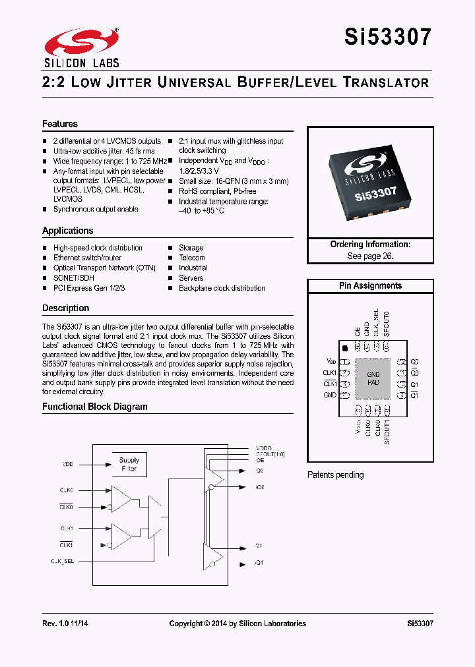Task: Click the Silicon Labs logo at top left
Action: (80, 47)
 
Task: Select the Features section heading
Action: (60, 124)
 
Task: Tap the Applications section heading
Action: (68, 231)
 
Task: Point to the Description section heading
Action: (65, 308)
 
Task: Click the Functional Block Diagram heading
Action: (95, 407)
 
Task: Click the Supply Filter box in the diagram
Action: (129, 464)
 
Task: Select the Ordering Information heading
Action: (370, 245)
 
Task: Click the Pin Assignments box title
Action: (370, 286)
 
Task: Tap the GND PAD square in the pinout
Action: (373, 378)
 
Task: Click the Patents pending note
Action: (335, 475)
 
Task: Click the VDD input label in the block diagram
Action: (68, 465)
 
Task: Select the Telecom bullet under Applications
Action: (192, 258)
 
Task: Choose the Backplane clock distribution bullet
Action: (222, 288)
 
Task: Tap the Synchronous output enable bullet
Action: (96, 209)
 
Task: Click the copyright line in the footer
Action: (237, 623)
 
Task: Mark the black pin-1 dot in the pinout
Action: (344, 347)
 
